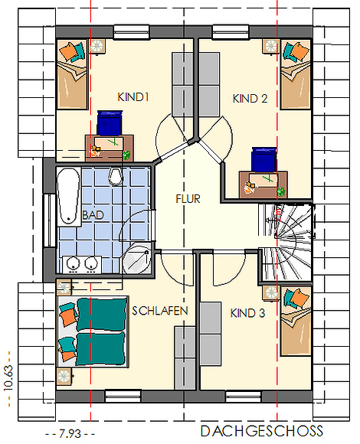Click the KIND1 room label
pos(133,97)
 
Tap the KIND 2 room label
pos(250,99)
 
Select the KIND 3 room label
pos(247,313)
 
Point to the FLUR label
pos(188,199)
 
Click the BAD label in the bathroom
pos(93,215)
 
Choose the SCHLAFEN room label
pos(160,311)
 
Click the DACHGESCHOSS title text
pos(262,431)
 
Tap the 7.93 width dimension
pos(70,433)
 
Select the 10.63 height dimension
pos(8,378)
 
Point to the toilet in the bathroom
pos(116,177)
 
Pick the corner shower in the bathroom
pos(136,260)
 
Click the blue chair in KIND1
pos(110,123)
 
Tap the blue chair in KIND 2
pos(264,159)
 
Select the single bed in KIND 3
pos(296,321)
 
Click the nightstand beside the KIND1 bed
pos(97,46)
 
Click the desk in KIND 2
pos(263,184)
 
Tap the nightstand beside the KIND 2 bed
pos(271,46)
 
